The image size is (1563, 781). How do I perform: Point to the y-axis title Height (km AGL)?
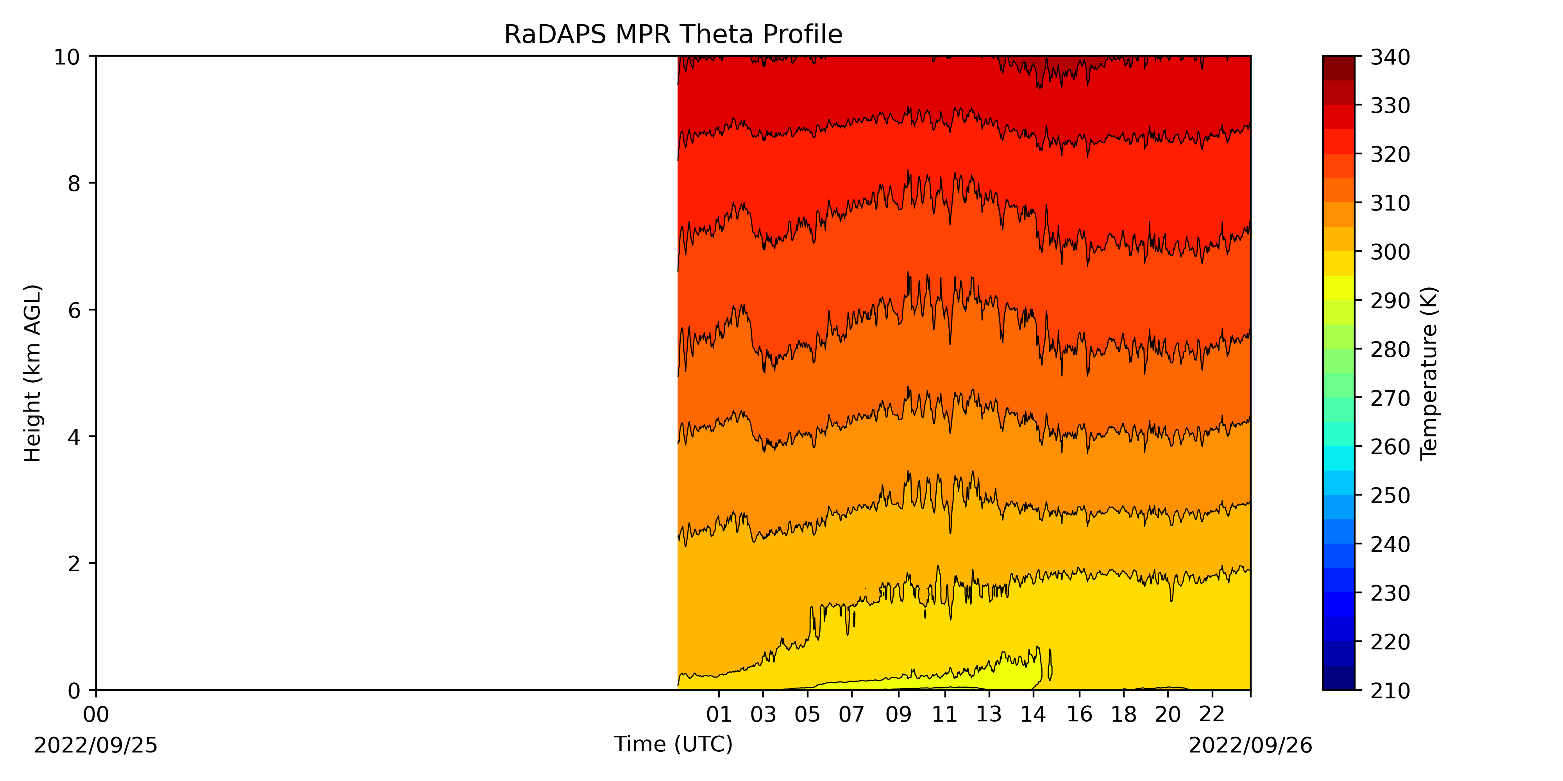pyautogui.click(x=33, y=373)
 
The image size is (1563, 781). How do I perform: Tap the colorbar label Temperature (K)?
pyautogui.click(x=1429, y=373)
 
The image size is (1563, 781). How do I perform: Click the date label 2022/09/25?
pyautogui.click(x=96, y=745)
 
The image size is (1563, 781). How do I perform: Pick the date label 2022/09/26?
pyautogui.click(x=1250, y=745)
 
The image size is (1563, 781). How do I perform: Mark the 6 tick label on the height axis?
pyautogui.click(x=74, y=310)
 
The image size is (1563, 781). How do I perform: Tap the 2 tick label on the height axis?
pyautogui.click(x=74, y=564)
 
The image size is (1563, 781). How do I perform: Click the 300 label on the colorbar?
pyautogui.click(x=1390, y=251)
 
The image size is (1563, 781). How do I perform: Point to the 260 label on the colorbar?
pyautogui.click(x=1390, y=447)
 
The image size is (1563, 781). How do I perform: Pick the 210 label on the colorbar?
pyautogui.click(x=1390, y=690)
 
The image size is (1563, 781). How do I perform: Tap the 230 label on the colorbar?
pyautogui.click(x=1390, y=593)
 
